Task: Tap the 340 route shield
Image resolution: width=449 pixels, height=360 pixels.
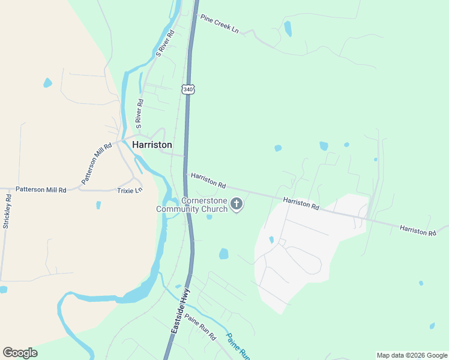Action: (x=188, y=89)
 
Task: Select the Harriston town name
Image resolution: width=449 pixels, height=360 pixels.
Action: (x=152, y=145)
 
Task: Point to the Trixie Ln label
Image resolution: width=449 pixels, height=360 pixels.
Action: (x=130, y=190)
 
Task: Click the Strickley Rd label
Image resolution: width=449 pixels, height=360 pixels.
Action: (x=7, y=211)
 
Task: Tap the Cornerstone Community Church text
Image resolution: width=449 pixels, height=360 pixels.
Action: (x=192, y=205)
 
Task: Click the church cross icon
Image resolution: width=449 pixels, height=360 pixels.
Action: (x=237, y=205)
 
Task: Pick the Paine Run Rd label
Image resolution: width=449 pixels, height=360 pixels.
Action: (x=200, y=327)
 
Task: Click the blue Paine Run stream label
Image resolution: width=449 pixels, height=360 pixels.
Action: (x=238, y=346)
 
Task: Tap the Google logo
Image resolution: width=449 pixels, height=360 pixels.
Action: (x=20, y=353)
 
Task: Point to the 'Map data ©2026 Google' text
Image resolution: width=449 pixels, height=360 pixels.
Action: (x=412, y=355)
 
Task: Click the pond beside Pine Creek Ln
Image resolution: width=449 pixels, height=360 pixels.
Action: (x=288, y=28)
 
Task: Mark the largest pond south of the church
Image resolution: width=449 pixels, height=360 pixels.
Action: (x=224, y=254)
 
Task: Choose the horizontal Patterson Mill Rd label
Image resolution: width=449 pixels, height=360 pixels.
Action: (x=41, y=190)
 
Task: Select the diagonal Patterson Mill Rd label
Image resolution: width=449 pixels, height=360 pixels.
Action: (x=97, y=163)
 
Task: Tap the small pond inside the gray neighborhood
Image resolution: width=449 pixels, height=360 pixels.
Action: (x=271, y=240)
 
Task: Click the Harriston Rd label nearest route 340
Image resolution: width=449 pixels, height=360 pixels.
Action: (x=208, y=179)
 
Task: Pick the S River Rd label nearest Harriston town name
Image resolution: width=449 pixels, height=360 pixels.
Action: (x=139, y=113)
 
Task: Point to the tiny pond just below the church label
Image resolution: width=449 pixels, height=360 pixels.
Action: (x=209, y=217)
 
